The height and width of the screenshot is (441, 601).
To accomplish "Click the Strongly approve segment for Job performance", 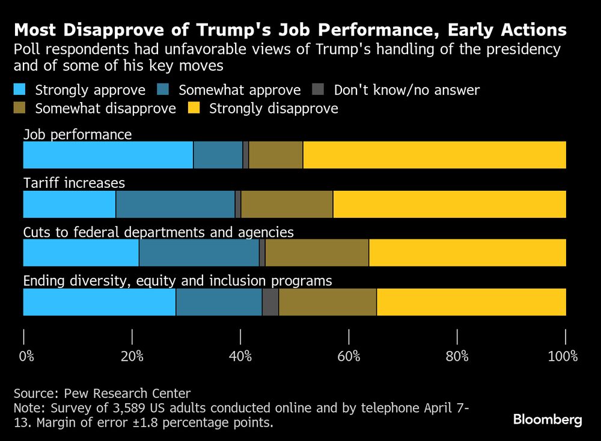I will click(108, 155).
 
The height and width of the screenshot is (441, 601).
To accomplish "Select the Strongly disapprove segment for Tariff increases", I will click(450, 204).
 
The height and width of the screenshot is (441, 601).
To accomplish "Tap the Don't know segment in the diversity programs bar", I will click(270, 302).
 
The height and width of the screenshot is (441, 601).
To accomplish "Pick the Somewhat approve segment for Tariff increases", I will click(175, 204).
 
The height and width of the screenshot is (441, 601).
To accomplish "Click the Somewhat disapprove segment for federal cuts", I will click(317, 253).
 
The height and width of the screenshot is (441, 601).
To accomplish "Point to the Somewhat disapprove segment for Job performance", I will click(276, 155).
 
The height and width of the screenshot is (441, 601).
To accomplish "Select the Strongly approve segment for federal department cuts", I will click(81, 253).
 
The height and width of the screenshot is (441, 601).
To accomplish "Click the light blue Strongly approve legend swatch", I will click(20, 91).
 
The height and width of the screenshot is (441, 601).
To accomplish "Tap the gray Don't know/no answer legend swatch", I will click(319, 91).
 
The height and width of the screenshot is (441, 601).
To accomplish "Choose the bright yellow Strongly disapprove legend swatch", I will click(194, 109).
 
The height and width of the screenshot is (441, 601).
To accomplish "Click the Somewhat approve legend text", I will click(239, 91).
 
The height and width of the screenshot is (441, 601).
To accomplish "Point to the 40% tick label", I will click(240, 356).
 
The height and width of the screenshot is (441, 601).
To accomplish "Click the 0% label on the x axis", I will click(26, 356).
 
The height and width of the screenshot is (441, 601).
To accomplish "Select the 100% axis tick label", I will click(563, 356).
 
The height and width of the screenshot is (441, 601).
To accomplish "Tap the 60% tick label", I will click(349, 356).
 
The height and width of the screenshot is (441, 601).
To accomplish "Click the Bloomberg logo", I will click(548, 419).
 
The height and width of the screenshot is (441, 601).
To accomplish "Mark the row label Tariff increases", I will click(74, 183).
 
